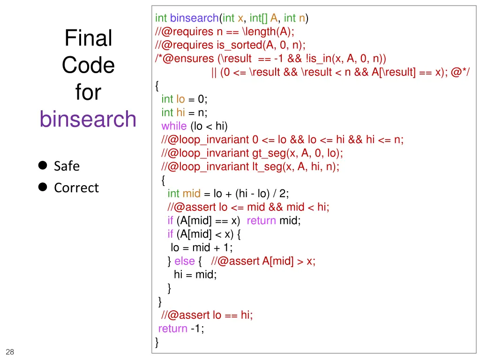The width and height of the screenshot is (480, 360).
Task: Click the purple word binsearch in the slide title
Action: click(x=88, y=119)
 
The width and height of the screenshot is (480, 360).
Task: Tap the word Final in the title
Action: click(x=88, y=38)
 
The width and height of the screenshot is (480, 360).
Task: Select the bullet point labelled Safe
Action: click(x=67, y=166)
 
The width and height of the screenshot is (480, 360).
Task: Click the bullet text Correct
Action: click(x=76, y=187)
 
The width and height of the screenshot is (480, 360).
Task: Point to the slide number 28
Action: click(x=10, y=352)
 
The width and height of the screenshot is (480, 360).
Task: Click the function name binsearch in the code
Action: click(x=194, y=18)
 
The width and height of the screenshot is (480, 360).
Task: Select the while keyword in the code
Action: click(x=174, y=126)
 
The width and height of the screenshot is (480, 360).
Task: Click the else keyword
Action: click(x=184, y=261)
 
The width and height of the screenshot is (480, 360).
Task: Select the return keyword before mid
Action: click(x=261, y=220)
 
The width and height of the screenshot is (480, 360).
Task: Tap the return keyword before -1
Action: click(x=172, y=329)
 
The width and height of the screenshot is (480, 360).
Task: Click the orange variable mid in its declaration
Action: click(x=191, y=194)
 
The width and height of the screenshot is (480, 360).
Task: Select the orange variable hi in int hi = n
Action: click(x=180, y=112)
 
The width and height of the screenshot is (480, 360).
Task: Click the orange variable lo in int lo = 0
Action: click(x=180, y=99)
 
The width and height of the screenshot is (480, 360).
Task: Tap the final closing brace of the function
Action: click(x=157, y=343)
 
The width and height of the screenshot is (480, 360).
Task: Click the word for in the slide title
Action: click(x=88, y=92)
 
